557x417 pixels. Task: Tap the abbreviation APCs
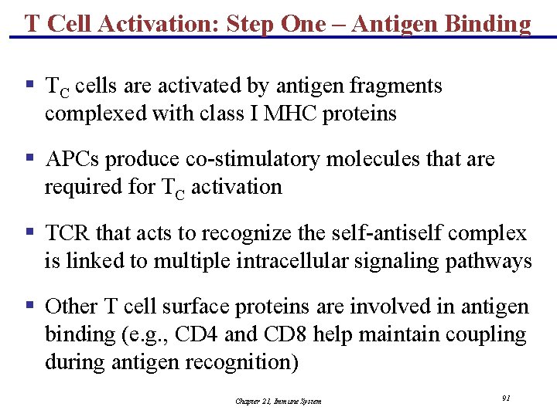[x=73, y=159]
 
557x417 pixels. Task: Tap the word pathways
[x=488, y=261]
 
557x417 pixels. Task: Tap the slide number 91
[x=505, y=398]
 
